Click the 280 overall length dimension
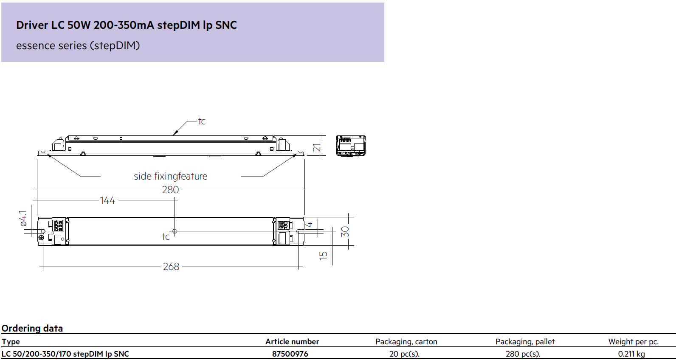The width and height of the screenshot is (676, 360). point(171,190)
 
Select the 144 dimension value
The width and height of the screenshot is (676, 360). point(107,200)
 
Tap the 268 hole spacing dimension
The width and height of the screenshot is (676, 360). point(171,267)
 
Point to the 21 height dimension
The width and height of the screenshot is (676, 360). point(316,148)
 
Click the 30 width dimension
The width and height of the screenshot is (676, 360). point(345,231)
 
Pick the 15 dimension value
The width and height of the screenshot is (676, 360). point(323,256)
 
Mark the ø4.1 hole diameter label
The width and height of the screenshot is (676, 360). point(23,219)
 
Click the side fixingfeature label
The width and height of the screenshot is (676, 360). point(171,176)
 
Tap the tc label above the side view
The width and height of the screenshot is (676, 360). point(202,121)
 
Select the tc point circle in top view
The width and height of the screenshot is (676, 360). point(175,231)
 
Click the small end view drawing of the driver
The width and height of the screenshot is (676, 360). point(351,146)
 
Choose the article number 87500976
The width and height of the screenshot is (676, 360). point(290,354)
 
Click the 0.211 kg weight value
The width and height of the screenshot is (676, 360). point(631,354)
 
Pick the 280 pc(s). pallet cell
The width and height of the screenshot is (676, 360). point(523,354)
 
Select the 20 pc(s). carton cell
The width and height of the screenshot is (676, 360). point(404,354)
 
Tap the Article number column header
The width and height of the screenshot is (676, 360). point(292,342)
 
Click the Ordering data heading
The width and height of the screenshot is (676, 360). point(32,328)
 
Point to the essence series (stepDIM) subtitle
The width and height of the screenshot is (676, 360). point(78,45)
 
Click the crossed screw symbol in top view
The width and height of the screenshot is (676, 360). point(41,237)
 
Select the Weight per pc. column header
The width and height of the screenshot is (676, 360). point(634,342)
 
